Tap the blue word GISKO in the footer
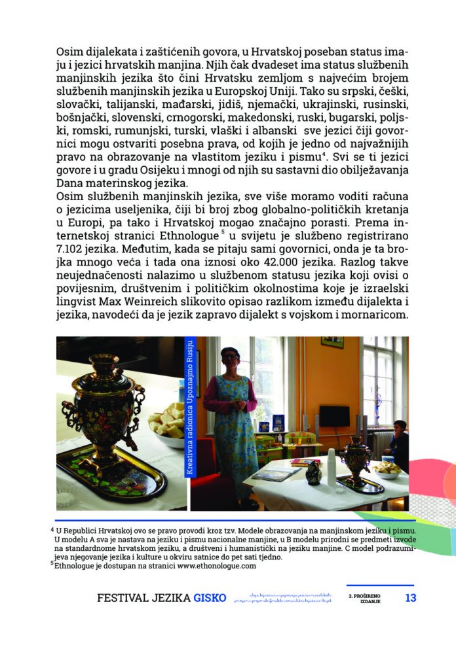[210, 598]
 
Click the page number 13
[410, 598]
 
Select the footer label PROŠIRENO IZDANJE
[370, 599]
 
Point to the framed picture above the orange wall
[332, 342]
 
